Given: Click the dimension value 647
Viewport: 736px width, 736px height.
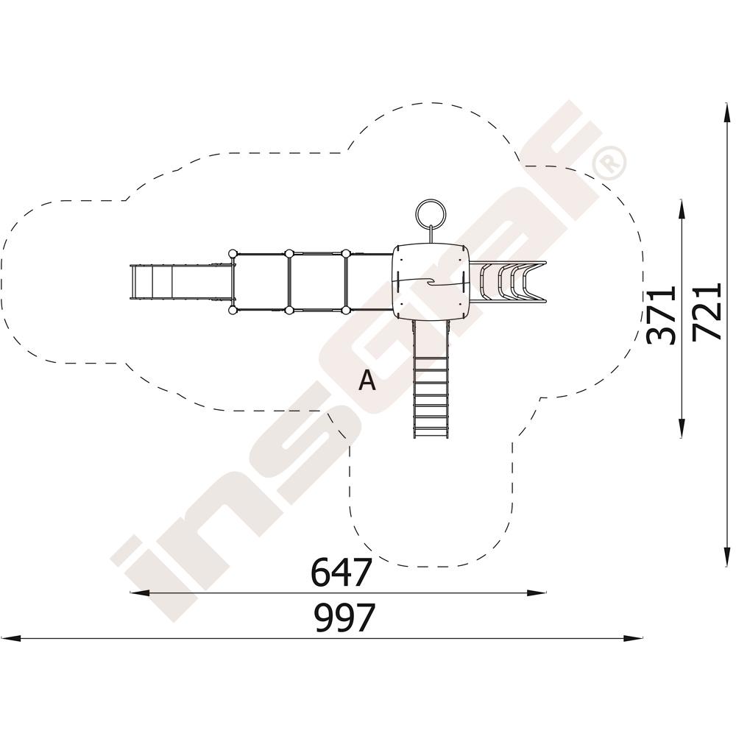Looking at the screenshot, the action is [x=342, y=571].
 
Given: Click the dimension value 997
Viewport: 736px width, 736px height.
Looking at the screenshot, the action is [x=345, y=618].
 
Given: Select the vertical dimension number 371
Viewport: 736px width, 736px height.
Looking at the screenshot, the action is [x=661, y=314].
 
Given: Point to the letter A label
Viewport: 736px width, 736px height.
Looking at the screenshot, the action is [x=367, y=380].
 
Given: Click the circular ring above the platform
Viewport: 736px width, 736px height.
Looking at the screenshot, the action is [x=430, y=214].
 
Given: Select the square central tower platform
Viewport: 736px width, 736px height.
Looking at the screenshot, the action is [x=430, y=282].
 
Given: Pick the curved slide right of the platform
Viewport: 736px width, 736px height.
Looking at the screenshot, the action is [x=508, y=281].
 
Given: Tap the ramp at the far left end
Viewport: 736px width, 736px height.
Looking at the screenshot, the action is [x=181, y=281].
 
